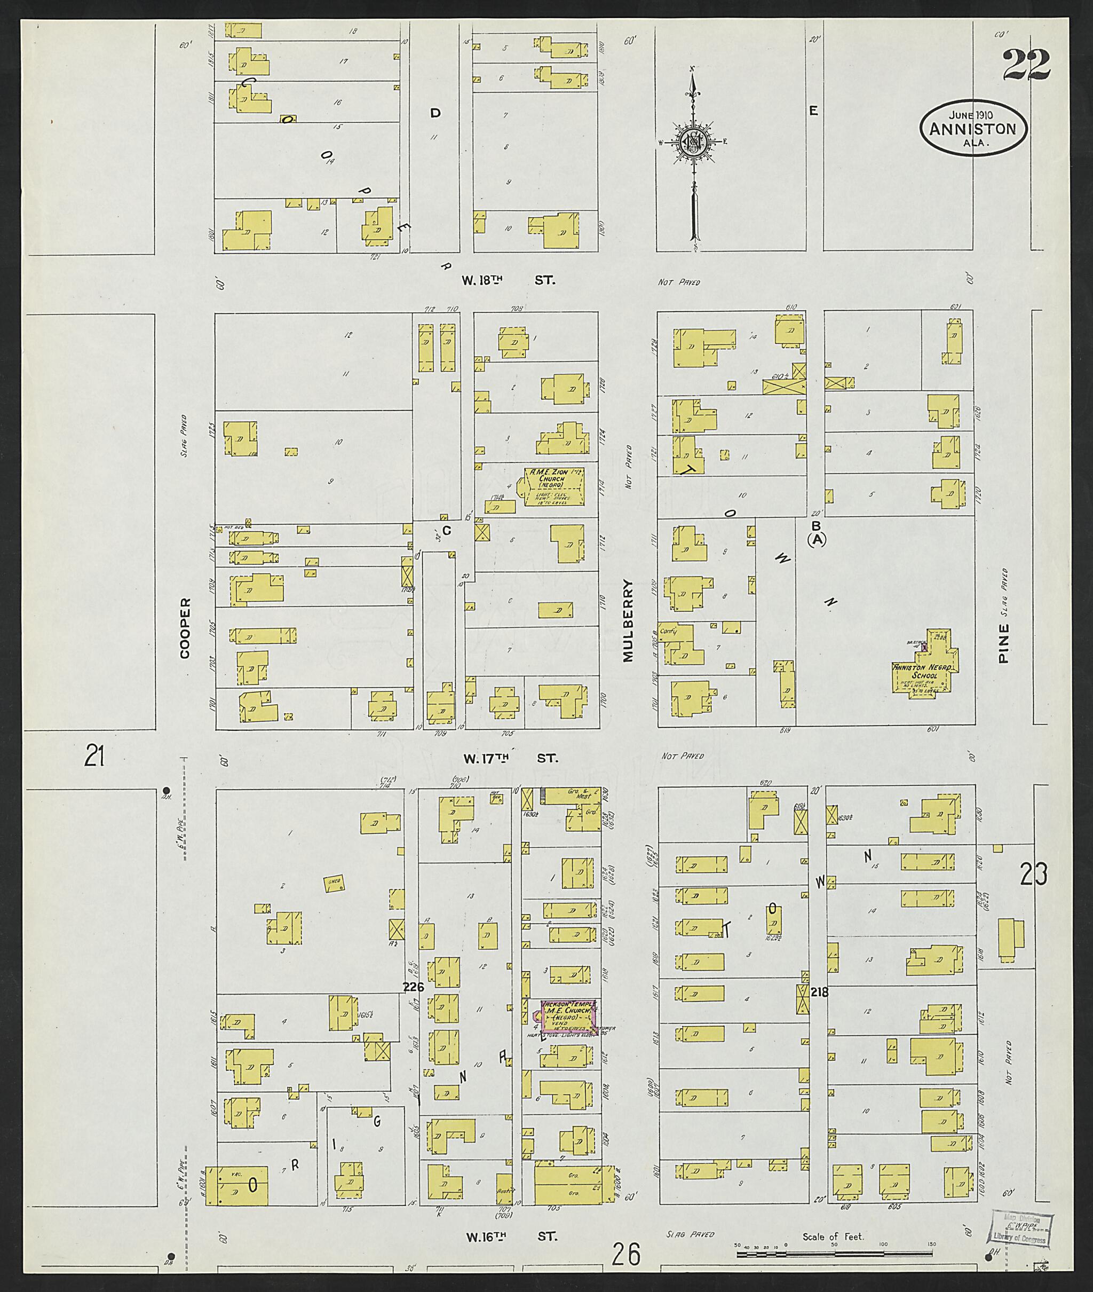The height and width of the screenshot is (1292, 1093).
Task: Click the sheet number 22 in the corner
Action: (x=1026, y=66)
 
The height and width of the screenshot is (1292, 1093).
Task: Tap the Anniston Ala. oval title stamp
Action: (x=973, y=129)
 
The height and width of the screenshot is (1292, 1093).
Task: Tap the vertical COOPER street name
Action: (x=184, y=628)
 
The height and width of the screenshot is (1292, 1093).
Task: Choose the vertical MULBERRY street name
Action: (x=628, y=621)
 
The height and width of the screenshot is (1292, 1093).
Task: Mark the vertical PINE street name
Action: (x=1004, y=644)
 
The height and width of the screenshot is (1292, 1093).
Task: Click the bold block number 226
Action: (x=413, y=987)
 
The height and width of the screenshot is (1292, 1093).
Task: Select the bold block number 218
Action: (x=819, y=992)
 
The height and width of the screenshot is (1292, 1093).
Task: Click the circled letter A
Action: (x=817, y=540)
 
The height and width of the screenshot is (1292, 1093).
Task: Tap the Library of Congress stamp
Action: (x=1019, y=1226)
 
